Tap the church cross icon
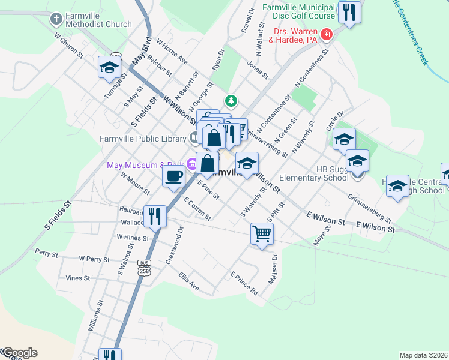click(56, 19)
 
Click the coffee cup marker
click(174, 176)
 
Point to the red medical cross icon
click(327, 35)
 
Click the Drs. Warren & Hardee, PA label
click(295, 35)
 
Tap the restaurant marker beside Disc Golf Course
click(349, 12)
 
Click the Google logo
click(19, 353)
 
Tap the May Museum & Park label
click(145, 165)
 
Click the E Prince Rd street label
click(244, 283)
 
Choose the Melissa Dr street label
click(274, 271)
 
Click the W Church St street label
click(68, 45)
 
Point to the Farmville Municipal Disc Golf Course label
click(298, 11)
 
